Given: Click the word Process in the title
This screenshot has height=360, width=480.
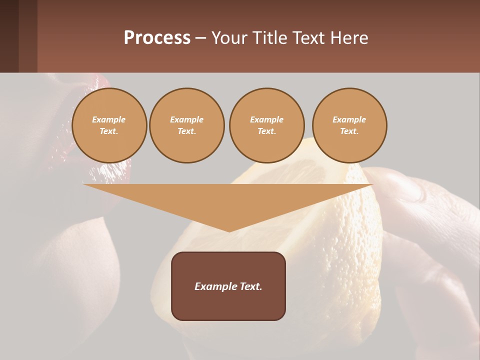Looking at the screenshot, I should pyautogui.click(x=157, y=38).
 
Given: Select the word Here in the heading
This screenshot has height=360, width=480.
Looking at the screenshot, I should pyautogui.click(x=348, y=38).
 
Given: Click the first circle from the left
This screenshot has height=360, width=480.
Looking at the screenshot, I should pyautogui.click(x=109, y=125).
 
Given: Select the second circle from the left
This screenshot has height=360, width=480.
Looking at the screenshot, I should pyautogui.click(x=187, y=125).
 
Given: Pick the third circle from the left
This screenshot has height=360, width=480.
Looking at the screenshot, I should pyautogui.click(x=267, y=125).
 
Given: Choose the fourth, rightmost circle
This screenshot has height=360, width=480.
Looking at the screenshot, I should pyautogui.click(x=349, y=125).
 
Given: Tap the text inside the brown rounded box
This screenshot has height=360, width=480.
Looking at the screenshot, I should pyautogui.click(x=228, y=286).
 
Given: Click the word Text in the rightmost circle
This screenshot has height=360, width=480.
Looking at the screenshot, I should pyautogui.click(x=349, y=131).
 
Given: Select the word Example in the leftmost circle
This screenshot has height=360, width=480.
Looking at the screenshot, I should pyautogui.click(x=109, y=119).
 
